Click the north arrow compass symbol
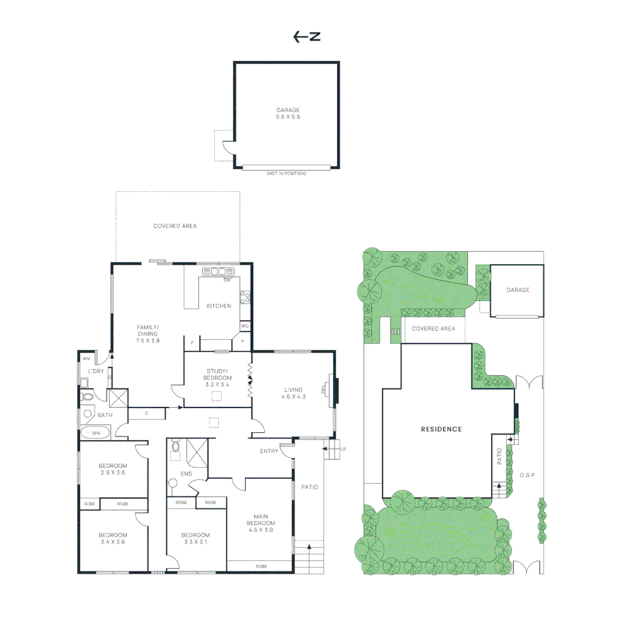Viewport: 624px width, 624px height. click(x=306, y=37)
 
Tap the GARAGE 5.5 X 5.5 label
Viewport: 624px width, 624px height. click(x=288, y=113)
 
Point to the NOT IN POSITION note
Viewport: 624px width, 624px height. click(x=286, y=173)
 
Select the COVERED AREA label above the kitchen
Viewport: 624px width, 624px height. click(x=174, y=226)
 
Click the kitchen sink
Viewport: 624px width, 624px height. click(x=218, y=272)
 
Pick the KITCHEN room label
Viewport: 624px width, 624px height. click(x=219, y=306)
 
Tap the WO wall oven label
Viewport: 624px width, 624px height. click(x=244, y=326)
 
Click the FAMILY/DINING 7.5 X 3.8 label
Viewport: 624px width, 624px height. click(x=148, y=334)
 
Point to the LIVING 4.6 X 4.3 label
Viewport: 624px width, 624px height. click(x=293, y=393)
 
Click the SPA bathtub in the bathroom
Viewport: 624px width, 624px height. click(x=94, y=432)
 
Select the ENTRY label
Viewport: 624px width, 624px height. click(x=269, y=451)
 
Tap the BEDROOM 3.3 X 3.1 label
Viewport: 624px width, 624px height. click(x=195, y=538)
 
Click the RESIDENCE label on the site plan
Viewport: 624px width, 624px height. click(x=441, y=429)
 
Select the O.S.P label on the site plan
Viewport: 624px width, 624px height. click(x=527, y=476)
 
